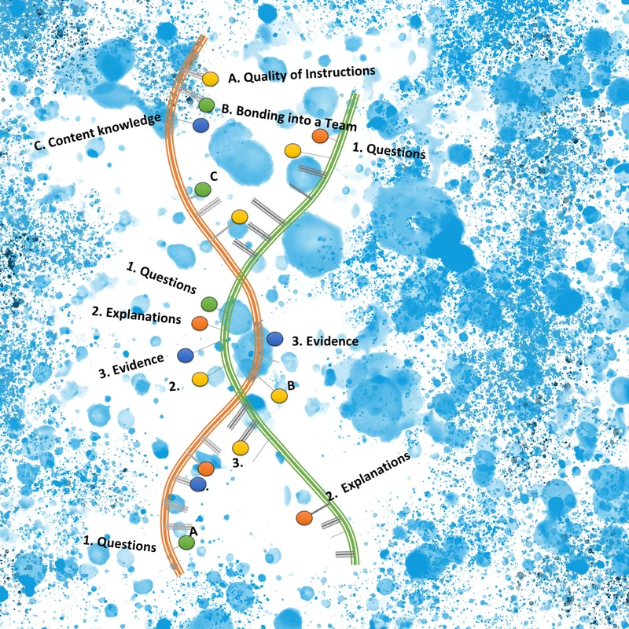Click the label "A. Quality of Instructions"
click(301, 75)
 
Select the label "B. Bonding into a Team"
click(289, 117)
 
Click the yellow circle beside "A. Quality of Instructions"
click(210, 79)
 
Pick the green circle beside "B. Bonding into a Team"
click(206, 105)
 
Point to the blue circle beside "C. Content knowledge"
click(200, 124)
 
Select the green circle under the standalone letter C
click(203, 189)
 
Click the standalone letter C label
click(212, 175)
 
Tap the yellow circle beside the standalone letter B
click(279, 395)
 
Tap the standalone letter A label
click(193, 531)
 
